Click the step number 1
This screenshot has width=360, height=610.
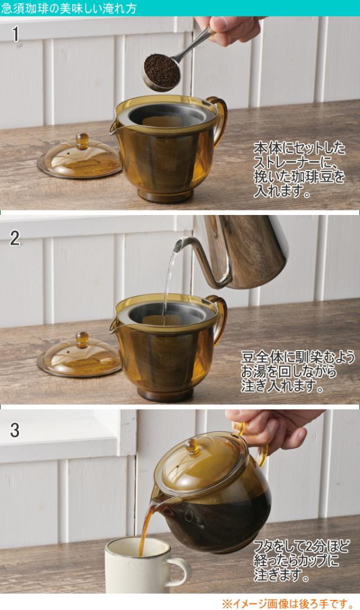[16, 34]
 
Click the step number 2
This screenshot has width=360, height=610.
[15, 237]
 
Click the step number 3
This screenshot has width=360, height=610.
[15, 430]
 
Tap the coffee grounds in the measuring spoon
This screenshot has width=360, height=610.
[162, 70]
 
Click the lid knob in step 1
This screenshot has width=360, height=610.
[83, 141]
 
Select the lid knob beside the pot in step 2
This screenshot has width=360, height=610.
[82, 340]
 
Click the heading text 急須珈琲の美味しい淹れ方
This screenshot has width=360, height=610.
[69, 8]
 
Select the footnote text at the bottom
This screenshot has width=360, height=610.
[287, 603]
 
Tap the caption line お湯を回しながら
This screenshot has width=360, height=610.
[288, 371]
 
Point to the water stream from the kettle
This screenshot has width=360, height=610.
[168, 280]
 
